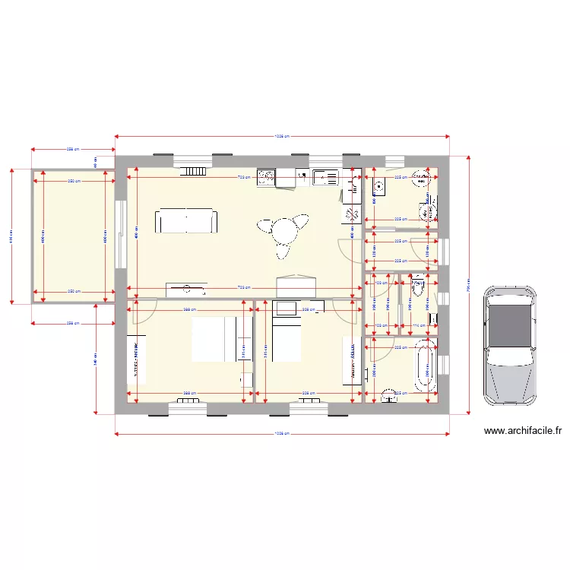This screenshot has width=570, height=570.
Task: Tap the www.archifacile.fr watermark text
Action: [x=523, y=431]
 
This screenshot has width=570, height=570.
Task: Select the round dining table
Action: [x=285, y=229]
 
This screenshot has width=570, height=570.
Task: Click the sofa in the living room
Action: [x=187, y=221]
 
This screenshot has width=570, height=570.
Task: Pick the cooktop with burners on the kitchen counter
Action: [x=266, y=177]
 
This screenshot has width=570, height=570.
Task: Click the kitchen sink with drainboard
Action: [x=326, y=177]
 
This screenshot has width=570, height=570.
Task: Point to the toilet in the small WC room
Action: [x=417, y=287]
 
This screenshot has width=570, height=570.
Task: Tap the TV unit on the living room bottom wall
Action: [x=186, y=289]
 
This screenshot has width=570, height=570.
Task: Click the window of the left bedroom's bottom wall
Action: [x=187, y=409]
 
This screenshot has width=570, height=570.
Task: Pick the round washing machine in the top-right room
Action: [x=420, y=180]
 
